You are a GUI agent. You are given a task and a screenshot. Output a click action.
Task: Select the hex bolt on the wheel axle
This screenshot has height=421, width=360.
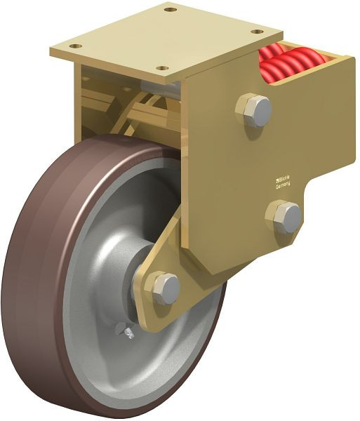pos(164,287)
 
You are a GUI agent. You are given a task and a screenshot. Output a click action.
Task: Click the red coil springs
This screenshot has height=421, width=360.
pos(285,60)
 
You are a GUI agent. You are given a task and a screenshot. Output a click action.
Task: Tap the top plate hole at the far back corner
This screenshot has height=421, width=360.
pos(169,10)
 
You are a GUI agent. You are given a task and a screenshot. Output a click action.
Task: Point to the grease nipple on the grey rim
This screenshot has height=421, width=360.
pos(124,330)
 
